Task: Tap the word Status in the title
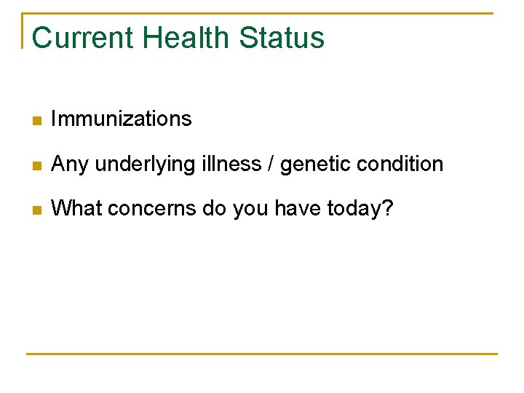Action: tap(282, 38)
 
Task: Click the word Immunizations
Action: tap(122, 119)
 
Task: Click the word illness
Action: tap(224, 164)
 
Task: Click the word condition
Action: tap(400, 164)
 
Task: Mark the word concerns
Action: tap(143, 209)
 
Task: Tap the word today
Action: tap(354, 209)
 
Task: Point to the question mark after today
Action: tap(387, 208)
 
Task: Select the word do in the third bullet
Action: tap(214, 208)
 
